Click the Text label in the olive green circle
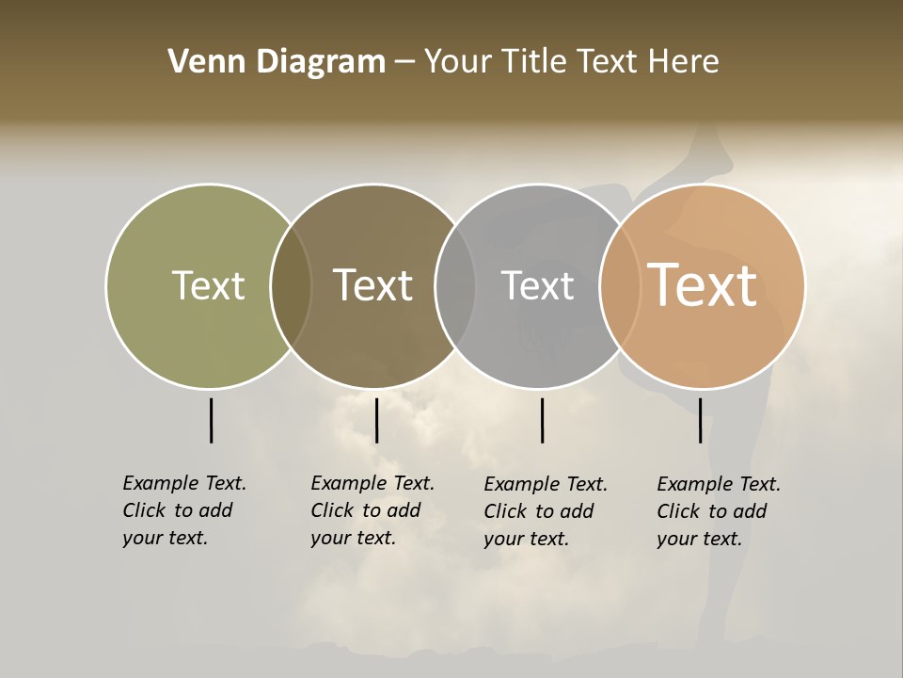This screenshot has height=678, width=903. click(x=208, y=285)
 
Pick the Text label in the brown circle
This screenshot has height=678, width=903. click(x=373, y=285)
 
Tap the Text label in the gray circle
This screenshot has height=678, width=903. click(x=537, y=285)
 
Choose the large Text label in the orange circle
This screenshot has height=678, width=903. click(x=703, y=285)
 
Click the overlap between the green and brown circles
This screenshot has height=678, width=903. click(x=291, y=286)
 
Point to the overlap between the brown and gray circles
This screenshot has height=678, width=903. click(x=455, y=286)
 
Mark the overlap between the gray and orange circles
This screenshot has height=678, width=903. click(x=620, y=286)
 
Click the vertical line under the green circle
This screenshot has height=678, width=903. click(x=211, y=420)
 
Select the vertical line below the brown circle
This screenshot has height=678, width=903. click(x=376, y=420)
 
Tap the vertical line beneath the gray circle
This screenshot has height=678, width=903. click(x=542, y=420)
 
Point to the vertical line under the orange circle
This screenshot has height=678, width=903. click(x=700, y=420)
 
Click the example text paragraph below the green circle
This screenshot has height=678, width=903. click(x=184, y=510)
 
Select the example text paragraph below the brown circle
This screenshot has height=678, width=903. click(x=372, y=510)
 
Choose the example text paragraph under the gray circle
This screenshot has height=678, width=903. click(x=546, y=511)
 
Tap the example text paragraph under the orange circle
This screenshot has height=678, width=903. click(x=719, y=511)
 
